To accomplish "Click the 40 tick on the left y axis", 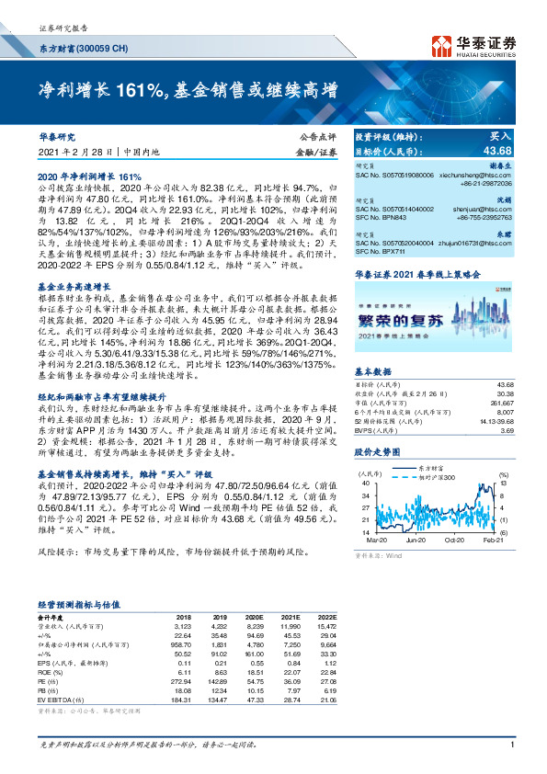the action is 366,482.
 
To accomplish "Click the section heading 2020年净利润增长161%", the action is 89,176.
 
